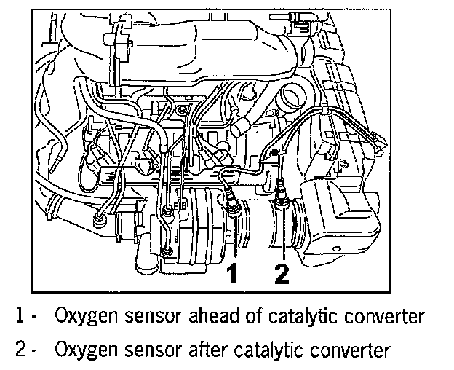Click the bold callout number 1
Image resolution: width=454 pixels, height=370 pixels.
(x=232, y=275)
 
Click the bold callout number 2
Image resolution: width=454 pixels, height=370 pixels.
(x=282, y=275)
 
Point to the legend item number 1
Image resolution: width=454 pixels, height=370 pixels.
(x=20, y=317)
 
